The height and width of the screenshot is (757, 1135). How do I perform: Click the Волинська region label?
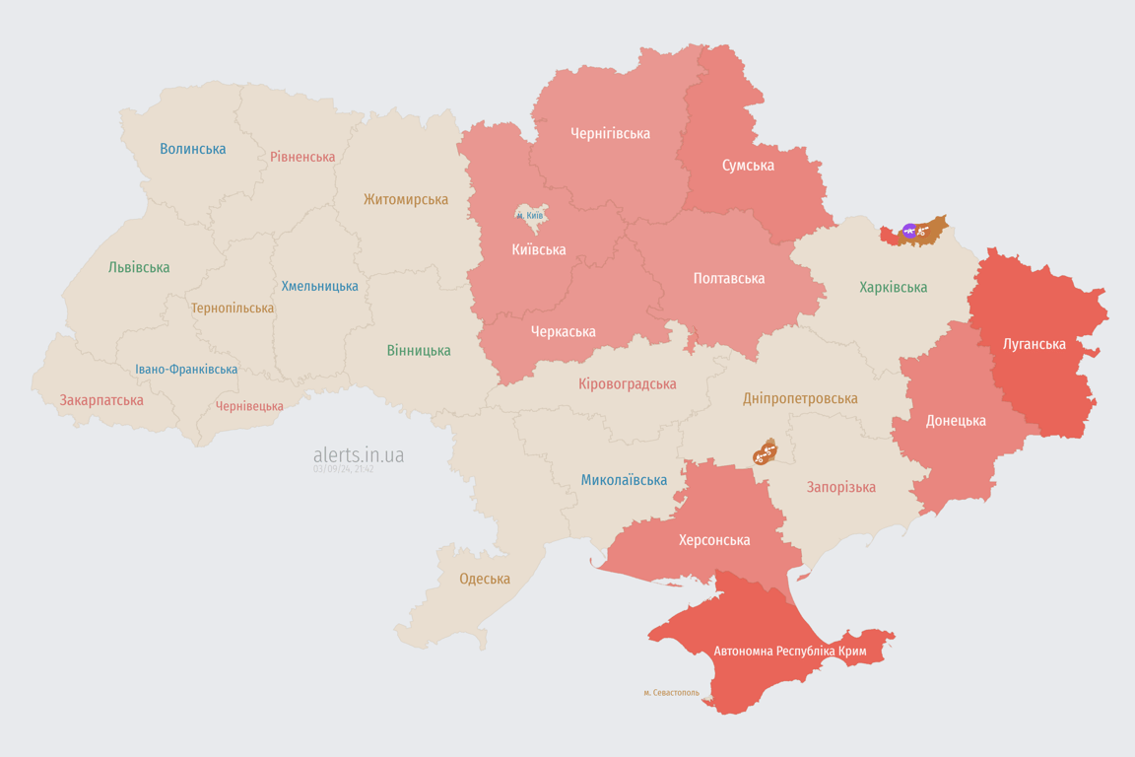tap(193, 149)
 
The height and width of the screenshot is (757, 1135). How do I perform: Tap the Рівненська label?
tap(302, 157)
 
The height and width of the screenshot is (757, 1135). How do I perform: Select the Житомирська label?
tap(405, 199)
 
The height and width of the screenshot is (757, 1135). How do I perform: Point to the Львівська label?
tap(139, 267)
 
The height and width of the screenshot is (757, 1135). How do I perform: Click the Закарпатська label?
tap(101, 400)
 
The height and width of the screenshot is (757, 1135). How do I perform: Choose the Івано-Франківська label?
tap(186, 370)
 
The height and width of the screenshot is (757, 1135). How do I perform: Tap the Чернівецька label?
tap(249, 406)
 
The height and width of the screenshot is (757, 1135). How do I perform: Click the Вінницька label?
tap(419, 350)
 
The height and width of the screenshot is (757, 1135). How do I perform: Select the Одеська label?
tap(485, 579)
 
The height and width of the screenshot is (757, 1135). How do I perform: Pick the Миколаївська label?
tap(624, 480)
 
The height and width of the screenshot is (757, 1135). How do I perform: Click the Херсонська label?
tap(714, 540)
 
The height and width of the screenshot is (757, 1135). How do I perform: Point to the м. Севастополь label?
tap(671, 693)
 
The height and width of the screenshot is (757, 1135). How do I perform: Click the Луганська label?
tap(1035, 344)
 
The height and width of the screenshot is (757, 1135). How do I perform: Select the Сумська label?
tap(748, 166)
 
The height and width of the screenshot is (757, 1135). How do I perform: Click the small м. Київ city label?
tap(530, 215)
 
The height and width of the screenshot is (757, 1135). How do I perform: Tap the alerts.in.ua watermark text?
tap(359, 455)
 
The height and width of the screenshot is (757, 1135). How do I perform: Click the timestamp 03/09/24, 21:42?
tap(343, 469)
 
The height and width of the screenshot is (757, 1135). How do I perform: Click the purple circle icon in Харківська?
tap(909, 232)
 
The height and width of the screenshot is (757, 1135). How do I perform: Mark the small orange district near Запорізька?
tap(765, 452)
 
